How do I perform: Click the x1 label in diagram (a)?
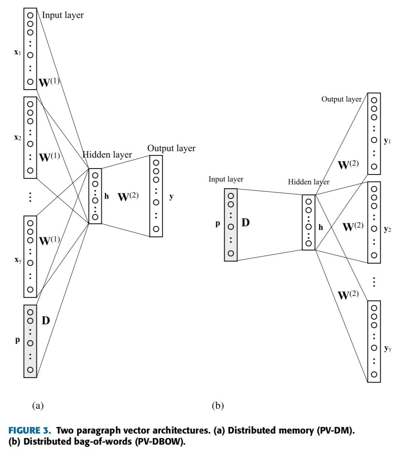(x=17, y=52)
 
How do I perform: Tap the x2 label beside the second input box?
(x=17, y=137)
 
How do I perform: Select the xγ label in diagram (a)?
(x=18, y=260)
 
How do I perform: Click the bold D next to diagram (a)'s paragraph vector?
(x=46, y=320)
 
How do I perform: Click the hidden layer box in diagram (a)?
(x=95, y=196)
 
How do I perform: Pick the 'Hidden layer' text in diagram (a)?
(x=107, y=154)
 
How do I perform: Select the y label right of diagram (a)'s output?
(x=171, y=196)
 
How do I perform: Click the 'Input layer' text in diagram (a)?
(x=63, y=15)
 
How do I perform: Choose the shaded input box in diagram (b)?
(x=231, y=225)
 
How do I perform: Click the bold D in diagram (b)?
(x=245, y=222)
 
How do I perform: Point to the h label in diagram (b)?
(x=320, y=227)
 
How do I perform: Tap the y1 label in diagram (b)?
(x=387, y=141)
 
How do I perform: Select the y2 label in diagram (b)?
(x=387, y=229)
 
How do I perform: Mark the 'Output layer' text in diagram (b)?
(x=342, y=99)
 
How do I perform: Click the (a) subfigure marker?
(x=38, y=405)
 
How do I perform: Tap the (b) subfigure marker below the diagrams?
(x=218, y=405)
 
